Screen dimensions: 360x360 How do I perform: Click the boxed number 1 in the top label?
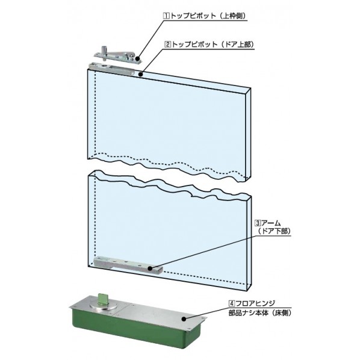(x=166, y=16)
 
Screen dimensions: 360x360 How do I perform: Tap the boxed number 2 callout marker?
(x=168, y=45)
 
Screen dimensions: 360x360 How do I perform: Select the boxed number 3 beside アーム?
(x=258, y=223)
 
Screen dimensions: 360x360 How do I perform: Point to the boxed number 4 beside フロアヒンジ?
(x=231, y=303)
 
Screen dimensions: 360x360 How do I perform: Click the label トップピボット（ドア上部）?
(x=213, y=45)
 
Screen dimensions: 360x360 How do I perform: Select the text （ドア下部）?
(x=274, y=231)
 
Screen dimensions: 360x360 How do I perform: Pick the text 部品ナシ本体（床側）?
(x=260, y=312)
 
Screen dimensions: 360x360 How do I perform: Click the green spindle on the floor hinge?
(x=101, y=299)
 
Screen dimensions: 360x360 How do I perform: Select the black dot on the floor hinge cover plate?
(x=184, y=319)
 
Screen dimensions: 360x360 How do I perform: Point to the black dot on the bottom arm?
(x=150, y=268)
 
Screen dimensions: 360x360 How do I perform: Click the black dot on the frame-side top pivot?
(x=137, y=58)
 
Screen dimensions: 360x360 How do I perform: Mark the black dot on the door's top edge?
(x=141, y=74)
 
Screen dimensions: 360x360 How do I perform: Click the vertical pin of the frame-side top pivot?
(x=104, y=53)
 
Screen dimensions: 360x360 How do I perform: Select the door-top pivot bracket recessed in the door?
(x=112, y=69)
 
